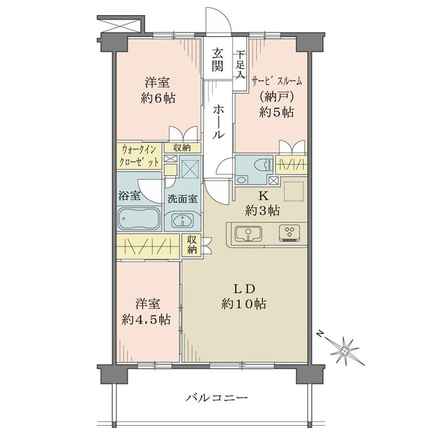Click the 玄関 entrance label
[217, 60]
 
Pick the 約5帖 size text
[276, 111]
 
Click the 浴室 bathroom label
[130, 195]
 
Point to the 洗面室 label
[183, 199]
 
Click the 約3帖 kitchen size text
[264, 210]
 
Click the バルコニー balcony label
[216, 398]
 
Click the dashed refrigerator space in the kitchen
[294, 192]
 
